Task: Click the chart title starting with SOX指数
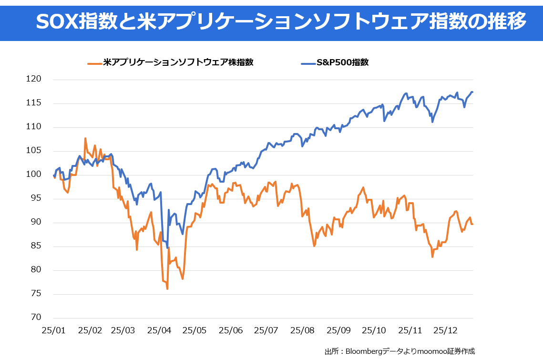(x=281, y=21)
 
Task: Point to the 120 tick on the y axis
(x=34, y=79)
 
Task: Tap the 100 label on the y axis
(x=34, y=175)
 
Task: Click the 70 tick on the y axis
(x=36, y=318)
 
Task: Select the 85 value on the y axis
(x=36, y=246)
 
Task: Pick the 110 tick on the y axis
(x=34, y=127)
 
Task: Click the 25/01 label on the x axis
(x=53, y=330)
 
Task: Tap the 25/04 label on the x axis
(x=159, y=330)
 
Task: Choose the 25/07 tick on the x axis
(x=266, y=330)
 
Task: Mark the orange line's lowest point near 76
(x=167, y=289)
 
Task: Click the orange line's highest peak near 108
(x=85, y=138)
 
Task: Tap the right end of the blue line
(x=472, y=92)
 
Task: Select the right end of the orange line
(x=472, y=224)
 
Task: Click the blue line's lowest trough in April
(x=167, y=248)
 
